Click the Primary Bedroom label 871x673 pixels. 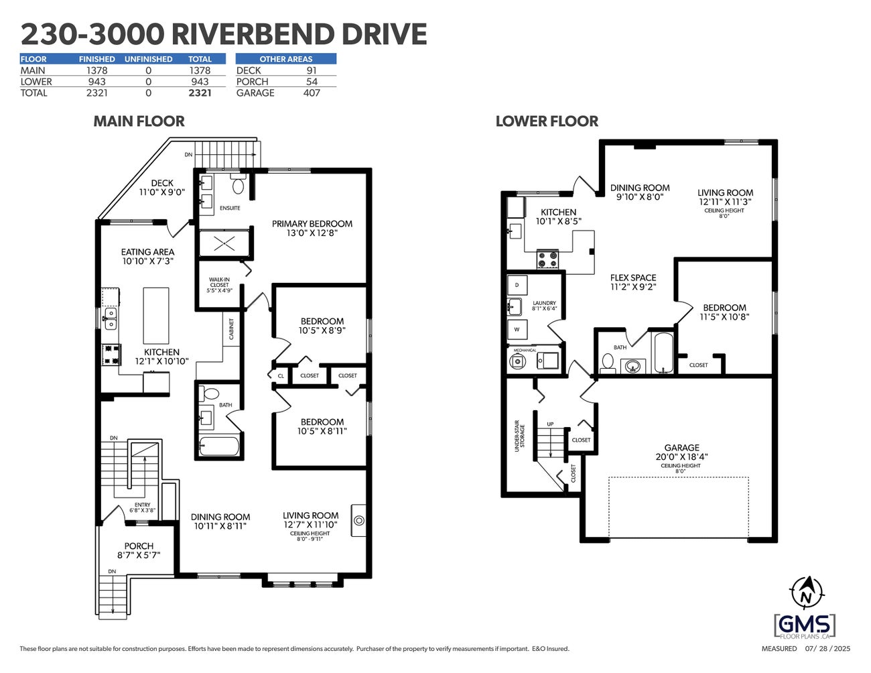click(312, 224)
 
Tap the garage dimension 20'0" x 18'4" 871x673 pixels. click(681, 456)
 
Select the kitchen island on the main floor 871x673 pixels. click(156, 315)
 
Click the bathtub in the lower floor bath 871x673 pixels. click(663, 353)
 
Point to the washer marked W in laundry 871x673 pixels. click(517, 330)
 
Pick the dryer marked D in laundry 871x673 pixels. click(517, 285)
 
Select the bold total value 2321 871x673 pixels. click(200, 93)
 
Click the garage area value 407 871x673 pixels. click(312, 93)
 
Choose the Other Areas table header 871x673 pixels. click(286, 59)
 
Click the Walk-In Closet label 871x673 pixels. click(219, 285)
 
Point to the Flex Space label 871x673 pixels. click(633, 278)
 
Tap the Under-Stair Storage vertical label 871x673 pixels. click(520, 436)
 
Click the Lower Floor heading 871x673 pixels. click(547, 121)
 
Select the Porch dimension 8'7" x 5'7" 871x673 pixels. click(139, 555)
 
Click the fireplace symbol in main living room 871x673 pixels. click(359, 519)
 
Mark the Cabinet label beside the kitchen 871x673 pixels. click(232, 328)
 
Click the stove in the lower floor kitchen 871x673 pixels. click(548, 259)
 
